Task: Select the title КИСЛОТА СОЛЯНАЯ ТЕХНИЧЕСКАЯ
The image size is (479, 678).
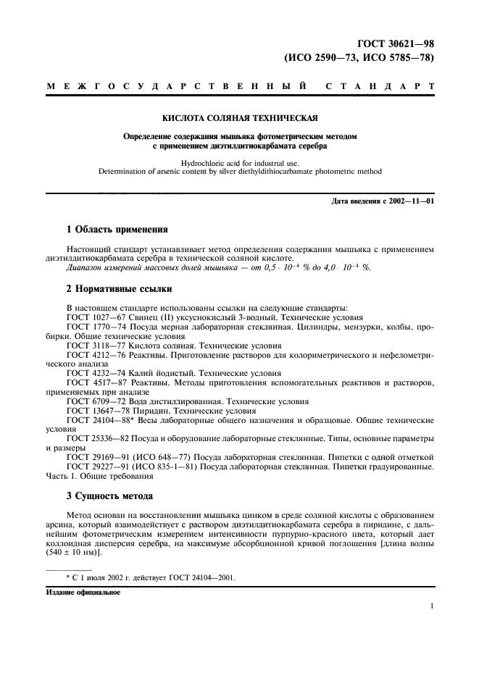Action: click(x=239, y=116)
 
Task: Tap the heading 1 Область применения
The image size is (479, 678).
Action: click(x=117, y=230)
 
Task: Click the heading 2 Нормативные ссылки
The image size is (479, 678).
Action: click(x=120, y=289)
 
